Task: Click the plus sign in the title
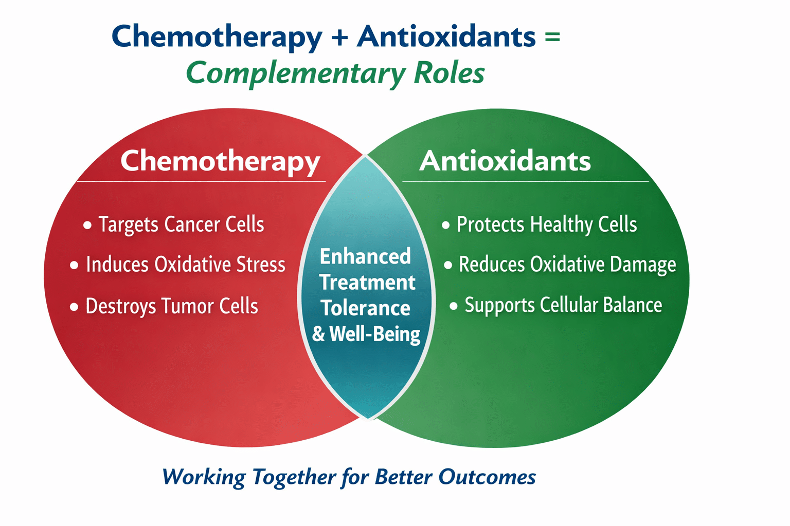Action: click(x=339, y=37)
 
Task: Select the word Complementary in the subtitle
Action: click(x=296, y=73)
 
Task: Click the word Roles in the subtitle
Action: click(x=450, y=72)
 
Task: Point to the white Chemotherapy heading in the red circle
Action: click(x=220, y=162)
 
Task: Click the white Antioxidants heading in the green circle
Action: click(x=505, y=161)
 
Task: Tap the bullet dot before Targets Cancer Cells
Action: click(x=87, y=225)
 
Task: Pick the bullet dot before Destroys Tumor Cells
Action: click(x=74, y=307)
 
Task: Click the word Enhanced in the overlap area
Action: click(x=365, y=256)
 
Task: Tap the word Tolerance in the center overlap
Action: click(x=366, y=308)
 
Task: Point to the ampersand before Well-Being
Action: click(x=318, y=334)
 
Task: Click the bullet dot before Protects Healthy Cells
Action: click(x=446, y=225)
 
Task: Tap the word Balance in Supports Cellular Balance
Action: click(x=632, y=305)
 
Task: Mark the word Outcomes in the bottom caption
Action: click(x=487, y=477)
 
